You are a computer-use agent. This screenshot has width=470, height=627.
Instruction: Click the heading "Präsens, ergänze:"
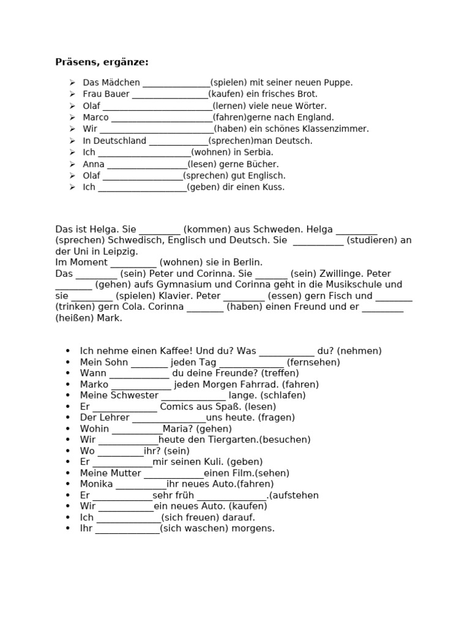tap(102, 62)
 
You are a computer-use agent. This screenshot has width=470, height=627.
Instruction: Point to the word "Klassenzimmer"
tap(339, 129)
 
